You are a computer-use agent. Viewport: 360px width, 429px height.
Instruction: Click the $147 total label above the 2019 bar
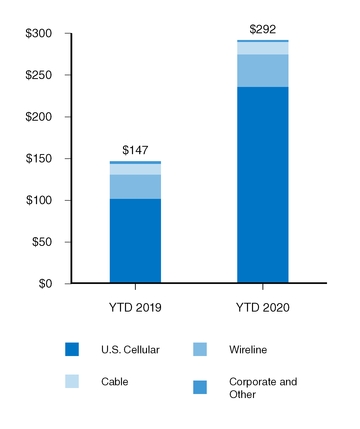[x=135, y=149]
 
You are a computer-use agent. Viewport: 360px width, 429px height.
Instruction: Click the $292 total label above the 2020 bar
[x=262, y=29]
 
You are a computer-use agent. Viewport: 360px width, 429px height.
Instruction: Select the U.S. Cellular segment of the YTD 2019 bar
[x=135, y=241]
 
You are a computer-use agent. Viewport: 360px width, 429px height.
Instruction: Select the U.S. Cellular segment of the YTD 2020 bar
[x=262, y=185]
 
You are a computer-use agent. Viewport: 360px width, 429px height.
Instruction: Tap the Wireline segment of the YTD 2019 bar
[x=135, y=187]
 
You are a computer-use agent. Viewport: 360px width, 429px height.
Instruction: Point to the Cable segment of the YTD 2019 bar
[x=135, y=169]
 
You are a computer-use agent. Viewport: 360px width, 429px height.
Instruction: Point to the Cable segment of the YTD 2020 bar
[x=262, y=48]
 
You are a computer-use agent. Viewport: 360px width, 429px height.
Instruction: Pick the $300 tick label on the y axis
[x=40, y=34]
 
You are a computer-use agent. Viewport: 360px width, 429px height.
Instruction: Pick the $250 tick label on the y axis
[x=40, y=76]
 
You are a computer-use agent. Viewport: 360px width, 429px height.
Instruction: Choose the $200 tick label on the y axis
[x=40, y=117]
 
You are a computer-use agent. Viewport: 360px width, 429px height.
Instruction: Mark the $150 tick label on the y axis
[x=40, y=159]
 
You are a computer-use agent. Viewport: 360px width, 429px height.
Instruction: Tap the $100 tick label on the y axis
[x=40, y=201]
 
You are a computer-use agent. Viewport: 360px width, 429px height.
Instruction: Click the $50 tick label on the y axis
[x=43, y=242]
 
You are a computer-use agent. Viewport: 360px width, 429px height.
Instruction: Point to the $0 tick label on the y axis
[x=47, y=284]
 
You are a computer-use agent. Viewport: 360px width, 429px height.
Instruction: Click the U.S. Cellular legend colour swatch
[x=72, y=349]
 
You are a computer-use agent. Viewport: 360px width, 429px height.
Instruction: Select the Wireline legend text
[x=248, y=349]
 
